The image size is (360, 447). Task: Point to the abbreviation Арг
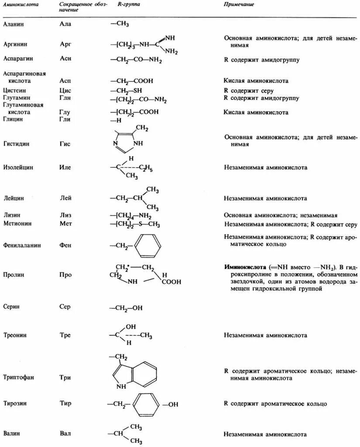pyautogui.click(x=65, y=44)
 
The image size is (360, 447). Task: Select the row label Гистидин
pyautogui.click(x=17, y=144)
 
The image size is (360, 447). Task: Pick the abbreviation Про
pyautogui.click(x=66, y=275)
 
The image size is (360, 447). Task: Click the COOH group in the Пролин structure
pyautogui.click(x=171, y=282)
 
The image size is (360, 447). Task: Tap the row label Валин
pyautogui.click(x=13, y=434)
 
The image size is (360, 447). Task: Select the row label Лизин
pyautogui.click(x=12, y=215)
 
